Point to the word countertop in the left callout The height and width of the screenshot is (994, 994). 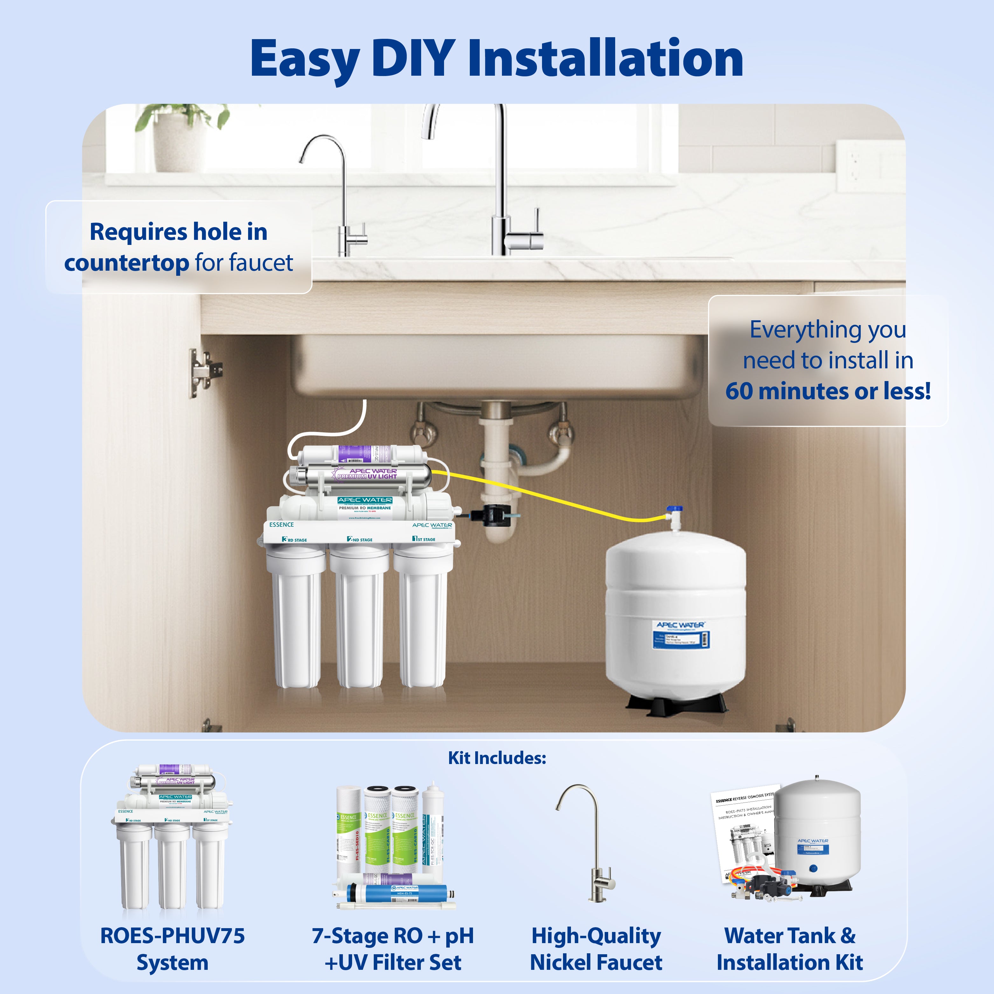coord(127,263)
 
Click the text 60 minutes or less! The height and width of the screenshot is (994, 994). coord(828,391)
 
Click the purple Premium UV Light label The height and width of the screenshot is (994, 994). coord(366,473)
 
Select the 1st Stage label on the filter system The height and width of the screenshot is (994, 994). coord(424,539)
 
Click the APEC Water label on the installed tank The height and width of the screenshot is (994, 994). coord(680,625)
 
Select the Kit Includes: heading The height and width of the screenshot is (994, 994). coord(497,757)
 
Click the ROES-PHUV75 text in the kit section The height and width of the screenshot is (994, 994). coord(172,936)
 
